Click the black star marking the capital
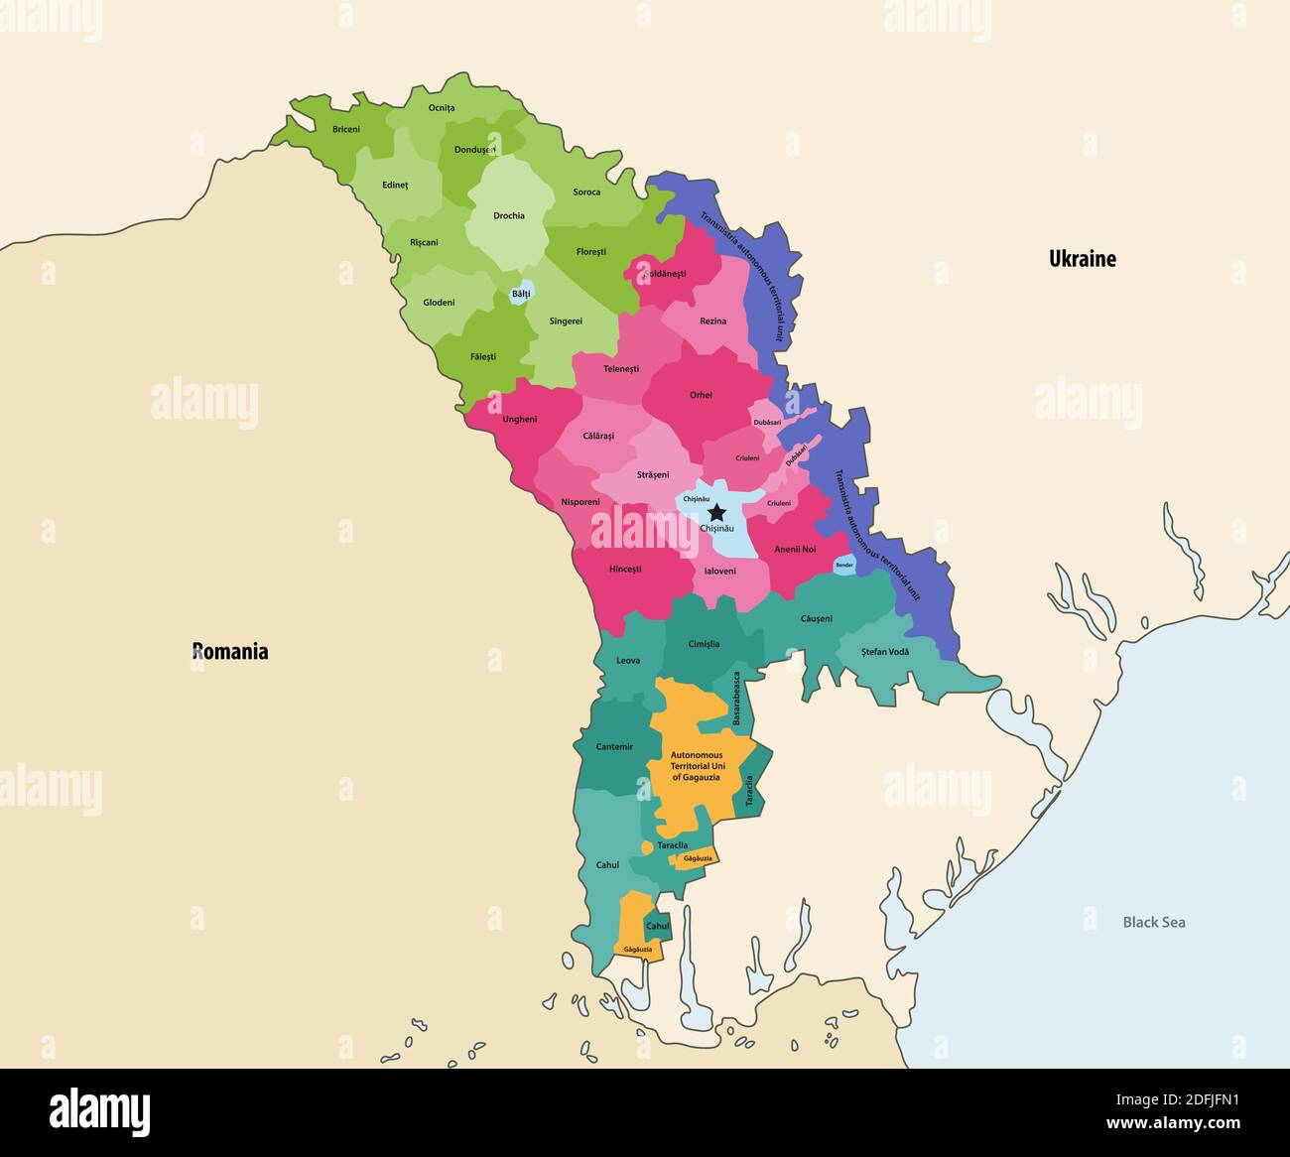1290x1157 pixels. [x=716, y=512]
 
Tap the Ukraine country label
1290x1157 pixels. [x=1083, y=259]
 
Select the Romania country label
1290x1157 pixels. [x=230, y=652]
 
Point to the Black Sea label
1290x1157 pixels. [x=1153, y=922]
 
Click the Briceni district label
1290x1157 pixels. [x=346, y=129]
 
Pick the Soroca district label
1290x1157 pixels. [x=586, y=192]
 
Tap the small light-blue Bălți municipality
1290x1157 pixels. [x=521, y=294]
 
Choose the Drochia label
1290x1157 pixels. [x=509, y=215]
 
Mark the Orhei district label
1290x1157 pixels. [x=701, y=395]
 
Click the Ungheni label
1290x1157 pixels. [x=519, y=419]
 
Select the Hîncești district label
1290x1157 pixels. [x=625, y=570]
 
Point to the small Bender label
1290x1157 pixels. [x=843, y=566]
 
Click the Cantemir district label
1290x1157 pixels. [x=614, y=746]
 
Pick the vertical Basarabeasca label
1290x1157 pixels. [x=736, y=699]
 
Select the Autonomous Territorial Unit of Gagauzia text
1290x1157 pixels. [x=696, y=766]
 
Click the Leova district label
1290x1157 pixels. [x=628, y=660]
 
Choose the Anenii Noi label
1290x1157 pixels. [x=795, y=549]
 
